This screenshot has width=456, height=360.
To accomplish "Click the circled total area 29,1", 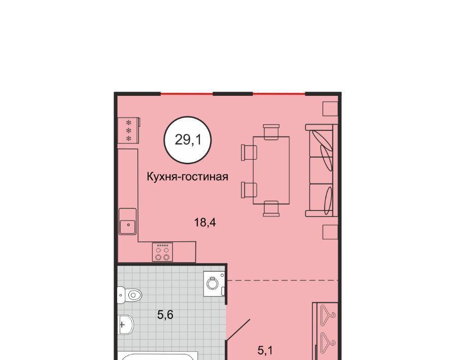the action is point(188,140).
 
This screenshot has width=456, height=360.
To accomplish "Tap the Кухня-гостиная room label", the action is point(187,177).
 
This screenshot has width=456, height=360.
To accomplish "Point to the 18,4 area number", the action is point(205,223).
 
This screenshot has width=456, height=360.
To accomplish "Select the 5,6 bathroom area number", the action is point(165,314).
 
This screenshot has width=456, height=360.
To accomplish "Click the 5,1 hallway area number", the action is point(265,351).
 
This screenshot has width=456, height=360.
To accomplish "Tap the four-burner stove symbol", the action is point(162,252).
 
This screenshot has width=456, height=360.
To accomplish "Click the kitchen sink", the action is point(128,221).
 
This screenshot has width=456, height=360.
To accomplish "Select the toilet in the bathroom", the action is point(129,295).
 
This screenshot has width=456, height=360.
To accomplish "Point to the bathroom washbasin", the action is point(126,325).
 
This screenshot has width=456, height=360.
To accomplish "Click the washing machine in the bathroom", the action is point(215,283).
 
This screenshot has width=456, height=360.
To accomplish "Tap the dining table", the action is point(271,170).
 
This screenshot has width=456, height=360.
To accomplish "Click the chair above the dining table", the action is point(271,131).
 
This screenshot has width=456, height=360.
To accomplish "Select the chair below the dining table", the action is point(271,208).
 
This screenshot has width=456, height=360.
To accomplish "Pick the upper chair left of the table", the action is point(249,153).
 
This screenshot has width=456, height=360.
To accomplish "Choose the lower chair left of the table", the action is point(249,190).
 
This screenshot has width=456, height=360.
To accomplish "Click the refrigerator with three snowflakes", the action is point(128,130).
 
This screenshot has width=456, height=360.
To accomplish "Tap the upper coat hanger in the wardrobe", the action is point(328,313).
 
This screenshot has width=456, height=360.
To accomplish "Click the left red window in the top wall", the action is point(187,94).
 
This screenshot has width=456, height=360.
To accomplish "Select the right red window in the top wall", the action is point(279,94).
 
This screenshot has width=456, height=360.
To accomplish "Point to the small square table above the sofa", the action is point(330,109).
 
